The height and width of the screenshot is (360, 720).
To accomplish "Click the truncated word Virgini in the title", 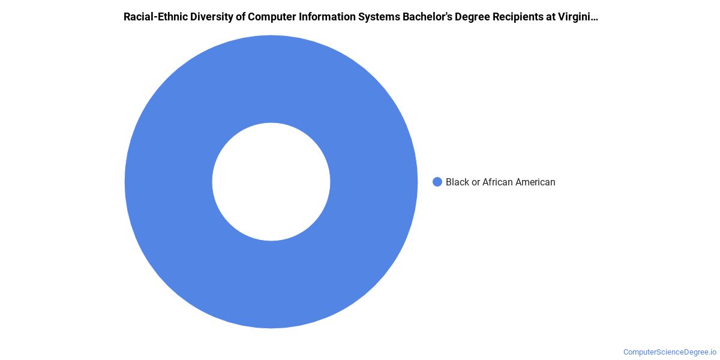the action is (x=574, y=17).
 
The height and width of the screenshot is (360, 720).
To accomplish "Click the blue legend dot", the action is (x=437, y=182).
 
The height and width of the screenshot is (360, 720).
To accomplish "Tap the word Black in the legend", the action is (x=457, y=182).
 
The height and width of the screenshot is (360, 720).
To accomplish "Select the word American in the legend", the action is (x=535, y=182).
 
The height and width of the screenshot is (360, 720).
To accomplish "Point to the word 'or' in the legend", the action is (x=476, y=182).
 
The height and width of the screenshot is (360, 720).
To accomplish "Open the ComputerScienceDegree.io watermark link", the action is (x=670, y=352).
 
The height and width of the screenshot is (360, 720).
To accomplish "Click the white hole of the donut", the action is (x=271, y=182).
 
